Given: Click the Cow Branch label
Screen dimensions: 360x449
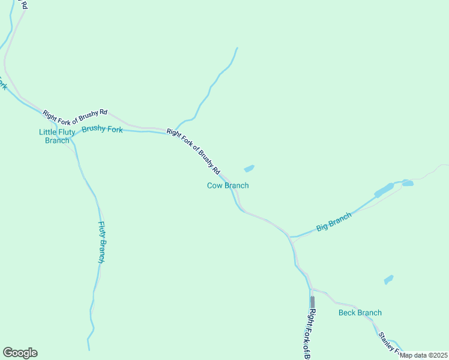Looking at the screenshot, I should (x=228, y=185).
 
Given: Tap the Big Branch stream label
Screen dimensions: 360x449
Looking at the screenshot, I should (x=334, y=222).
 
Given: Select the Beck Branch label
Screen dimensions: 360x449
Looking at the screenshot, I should (x=360, y=313).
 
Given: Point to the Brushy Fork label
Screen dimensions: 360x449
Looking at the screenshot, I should (x=102, y=129).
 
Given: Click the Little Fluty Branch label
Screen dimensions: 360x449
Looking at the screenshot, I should (x=57, y=136).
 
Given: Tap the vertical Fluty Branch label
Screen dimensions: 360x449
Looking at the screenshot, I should (x=102, y=242).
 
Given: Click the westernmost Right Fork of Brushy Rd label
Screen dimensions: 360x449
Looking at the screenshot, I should (x=75, y=113).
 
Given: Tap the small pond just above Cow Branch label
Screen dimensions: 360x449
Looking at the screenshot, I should (x=249, y=169).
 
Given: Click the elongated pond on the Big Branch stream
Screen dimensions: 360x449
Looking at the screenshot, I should (x=384, y=190).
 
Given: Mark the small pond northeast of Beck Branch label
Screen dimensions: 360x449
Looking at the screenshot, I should (x=388, y=280).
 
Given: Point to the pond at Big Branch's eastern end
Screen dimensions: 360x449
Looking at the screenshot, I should (x=408, y=182).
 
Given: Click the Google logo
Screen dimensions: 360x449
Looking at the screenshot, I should (x=20, y=353).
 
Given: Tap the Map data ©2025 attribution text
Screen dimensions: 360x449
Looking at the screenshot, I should (x=424, y=355).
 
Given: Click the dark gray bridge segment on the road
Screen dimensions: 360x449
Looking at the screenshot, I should (x=312, y=301).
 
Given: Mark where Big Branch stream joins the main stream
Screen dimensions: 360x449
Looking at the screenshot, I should (x=291, y=238).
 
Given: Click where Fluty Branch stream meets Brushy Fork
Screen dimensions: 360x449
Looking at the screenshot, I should (x=71, y=139).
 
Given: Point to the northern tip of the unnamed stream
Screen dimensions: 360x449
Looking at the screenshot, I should (x=237, y=48).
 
